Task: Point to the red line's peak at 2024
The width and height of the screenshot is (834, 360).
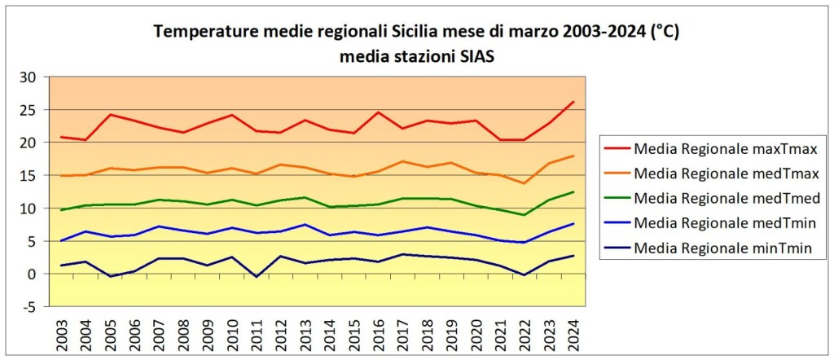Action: tap(573, 102)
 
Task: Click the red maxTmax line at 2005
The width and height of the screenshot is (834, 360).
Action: tap(111, 115)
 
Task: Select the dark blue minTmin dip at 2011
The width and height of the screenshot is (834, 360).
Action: tap(257, 277)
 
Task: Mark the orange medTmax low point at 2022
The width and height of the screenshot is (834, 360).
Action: tap(524, 183)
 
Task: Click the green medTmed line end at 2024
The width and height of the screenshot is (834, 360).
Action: tap(573, 192)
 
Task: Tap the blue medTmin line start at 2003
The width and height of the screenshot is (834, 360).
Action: tap(63, 240)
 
